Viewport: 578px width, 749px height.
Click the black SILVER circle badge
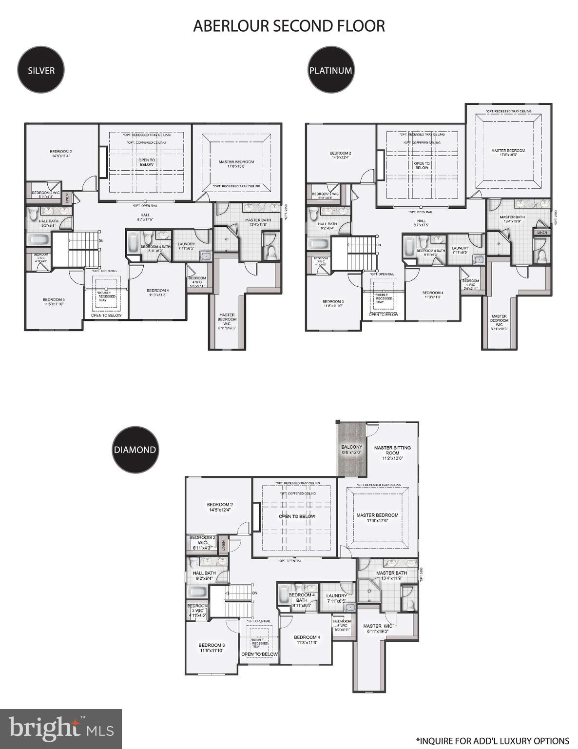pos(41,70)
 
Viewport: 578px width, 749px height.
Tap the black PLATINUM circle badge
pos(330,70)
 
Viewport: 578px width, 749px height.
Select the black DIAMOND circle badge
pos(135,450)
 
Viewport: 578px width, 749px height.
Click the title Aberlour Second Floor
pos(289,26)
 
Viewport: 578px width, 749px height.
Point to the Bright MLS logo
pos(61,729)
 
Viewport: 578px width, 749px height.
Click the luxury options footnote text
pos(492,741)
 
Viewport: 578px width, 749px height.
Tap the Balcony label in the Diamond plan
pos(351,450)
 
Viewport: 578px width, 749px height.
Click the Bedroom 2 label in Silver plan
pos(60,154)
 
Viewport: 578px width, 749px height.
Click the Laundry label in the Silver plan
pos(186,246)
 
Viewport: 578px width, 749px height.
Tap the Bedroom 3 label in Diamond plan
pos(212,648)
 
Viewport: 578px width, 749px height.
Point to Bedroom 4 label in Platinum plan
pos(433,295)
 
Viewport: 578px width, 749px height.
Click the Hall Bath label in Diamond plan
pos(204,575)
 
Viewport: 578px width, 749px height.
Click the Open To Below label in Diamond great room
pos(297,516)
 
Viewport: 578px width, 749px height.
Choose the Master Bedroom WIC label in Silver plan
pos(227,322)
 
